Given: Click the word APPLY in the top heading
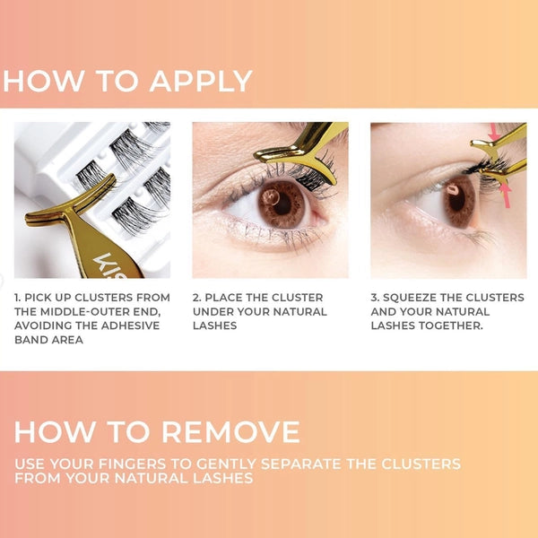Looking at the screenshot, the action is (x=201, y=81).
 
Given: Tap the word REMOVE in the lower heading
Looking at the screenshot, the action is (x=231, y=431).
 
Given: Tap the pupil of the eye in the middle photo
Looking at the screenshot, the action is (x=282, y=204).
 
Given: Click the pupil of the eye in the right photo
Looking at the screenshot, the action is (x=457, y=202).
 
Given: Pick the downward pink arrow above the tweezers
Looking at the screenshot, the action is (x=494, y=133).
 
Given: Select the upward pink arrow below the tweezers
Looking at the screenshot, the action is (x=506, y=195).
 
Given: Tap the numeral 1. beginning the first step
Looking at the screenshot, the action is (x=17, y=298).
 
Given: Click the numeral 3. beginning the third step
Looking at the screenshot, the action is (x=375, y=298).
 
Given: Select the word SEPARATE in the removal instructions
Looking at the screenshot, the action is (x=301, y=464).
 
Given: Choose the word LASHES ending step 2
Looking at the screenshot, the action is (x=215, y=325).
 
